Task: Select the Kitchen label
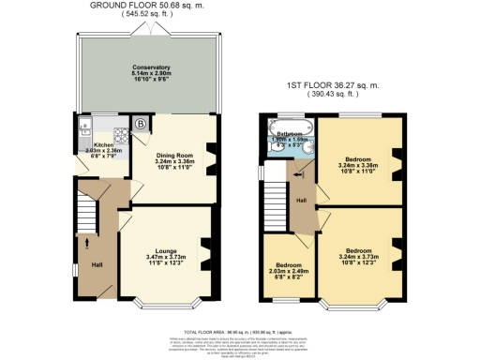[x=102, y=146]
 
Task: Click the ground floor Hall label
[x=97, y=265]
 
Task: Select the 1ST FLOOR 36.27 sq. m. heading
[x=336, y=89]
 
